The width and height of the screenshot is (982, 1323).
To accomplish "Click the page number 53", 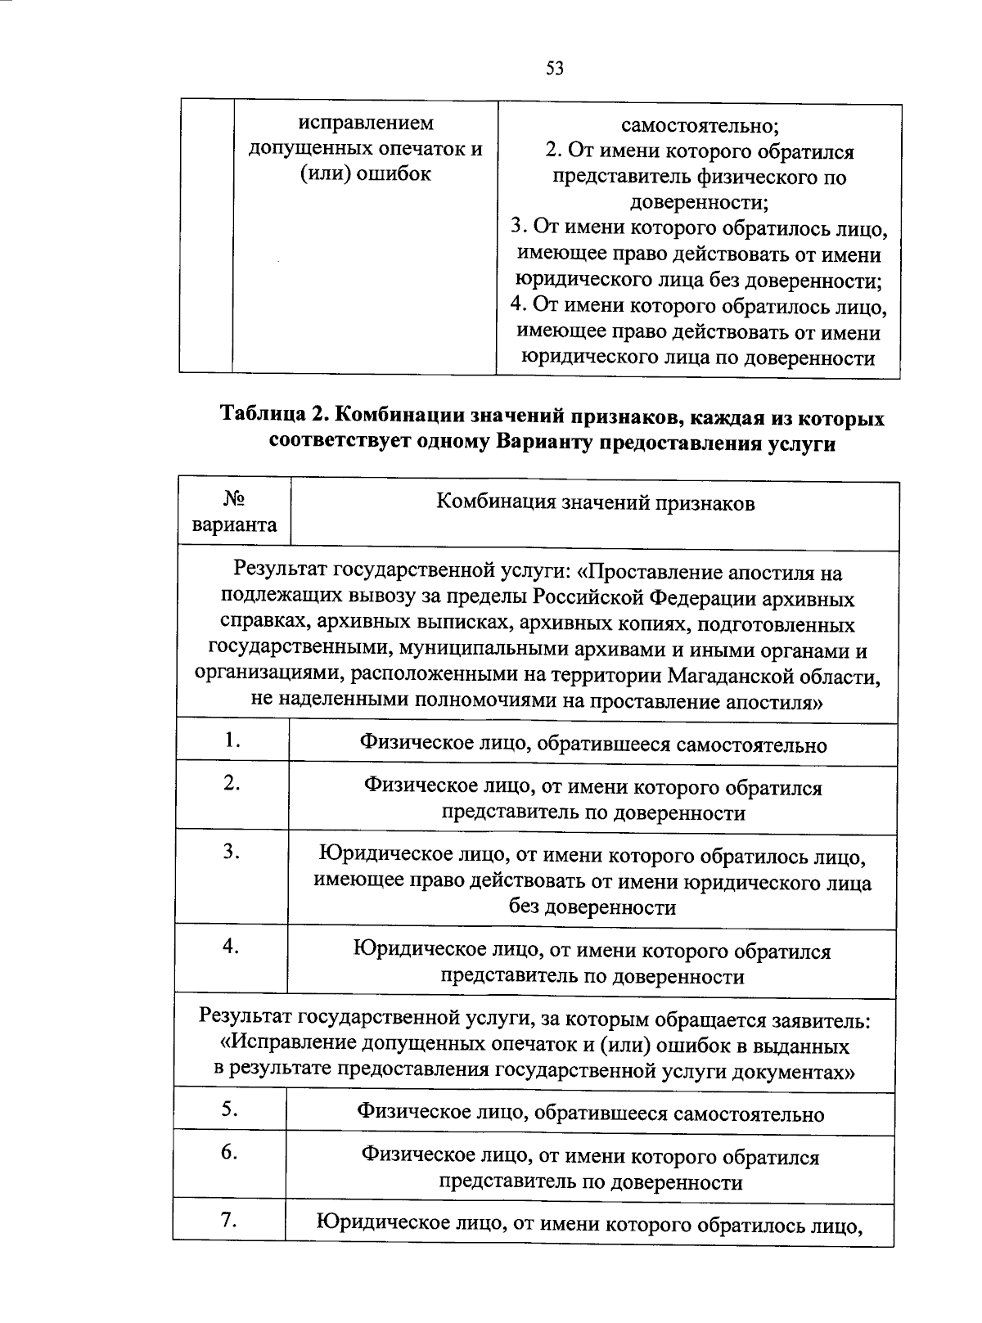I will pos(554,69).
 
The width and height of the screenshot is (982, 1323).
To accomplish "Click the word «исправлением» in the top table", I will pos(366,124).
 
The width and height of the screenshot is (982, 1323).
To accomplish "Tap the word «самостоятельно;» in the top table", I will pos(700,126).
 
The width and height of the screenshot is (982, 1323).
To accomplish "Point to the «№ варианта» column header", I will pos(234,512).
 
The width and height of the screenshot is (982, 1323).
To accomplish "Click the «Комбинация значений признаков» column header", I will pos(595,502).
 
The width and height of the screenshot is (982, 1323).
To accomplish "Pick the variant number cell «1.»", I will pos(232,740).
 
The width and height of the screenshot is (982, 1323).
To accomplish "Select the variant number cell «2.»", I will pos(232,784).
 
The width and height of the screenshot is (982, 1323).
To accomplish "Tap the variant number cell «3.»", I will pos(231,852).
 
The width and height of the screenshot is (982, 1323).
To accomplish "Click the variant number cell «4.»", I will pos(230,947).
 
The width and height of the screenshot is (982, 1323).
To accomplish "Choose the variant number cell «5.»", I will pos(229,1109).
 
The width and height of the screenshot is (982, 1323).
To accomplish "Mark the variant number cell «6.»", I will pos(229,1153).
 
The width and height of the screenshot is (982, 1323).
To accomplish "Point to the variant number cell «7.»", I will pos(228,1220).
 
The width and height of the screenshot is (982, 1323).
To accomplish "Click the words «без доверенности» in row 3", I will pos(592,907).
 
